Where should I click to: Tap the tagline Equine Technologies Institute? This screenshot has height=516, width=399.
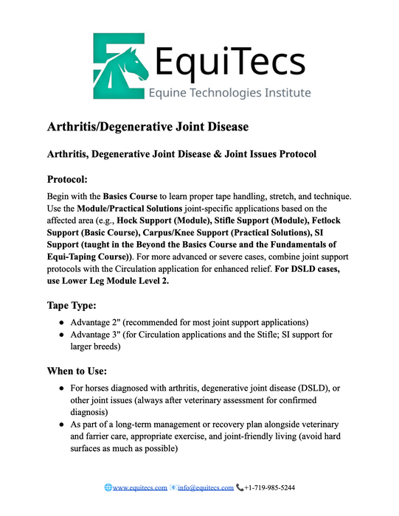(229, 93)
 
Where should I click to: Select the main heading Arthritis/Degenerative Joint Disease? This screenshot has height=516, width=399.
(148, 127)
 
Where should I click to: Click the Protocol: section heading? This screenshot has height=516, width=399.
(72, 179)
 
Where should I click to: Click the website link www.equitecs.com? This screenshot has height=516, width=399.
(140, 488)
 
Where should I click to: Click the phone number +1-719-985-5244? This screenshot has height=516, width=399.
(270, 488)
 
